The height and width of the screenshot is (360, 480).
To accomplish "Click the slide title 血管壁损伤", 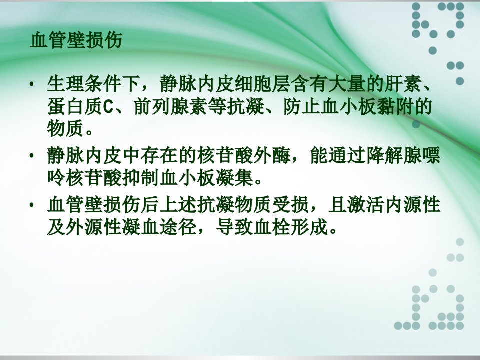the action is point(76,40).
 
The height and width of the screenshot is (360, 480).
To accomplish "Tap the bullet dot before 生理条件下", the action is point(31,84).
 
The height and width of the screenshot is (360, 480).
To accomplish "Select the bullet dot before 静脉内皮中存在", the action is point(31,156).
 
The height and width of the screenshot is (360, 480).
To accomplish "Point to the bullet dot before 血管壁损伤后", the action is point(31,205).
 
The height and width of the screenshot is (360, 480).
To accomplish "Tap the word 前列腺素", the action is point(171,107).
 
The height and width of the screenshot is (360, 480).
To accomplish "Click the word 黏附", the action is point(395,107).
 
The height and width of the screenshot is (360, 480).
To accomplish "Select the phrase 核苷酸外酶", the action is point(244,156).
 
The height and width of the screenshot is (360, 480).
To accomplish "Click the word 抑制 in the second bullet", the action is point(140,178).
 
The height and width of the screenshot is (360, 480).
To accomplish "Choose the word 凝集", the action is point(234,178).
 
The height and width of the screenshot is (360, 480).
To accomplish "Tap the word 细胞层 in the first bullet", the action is point(262,83).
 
